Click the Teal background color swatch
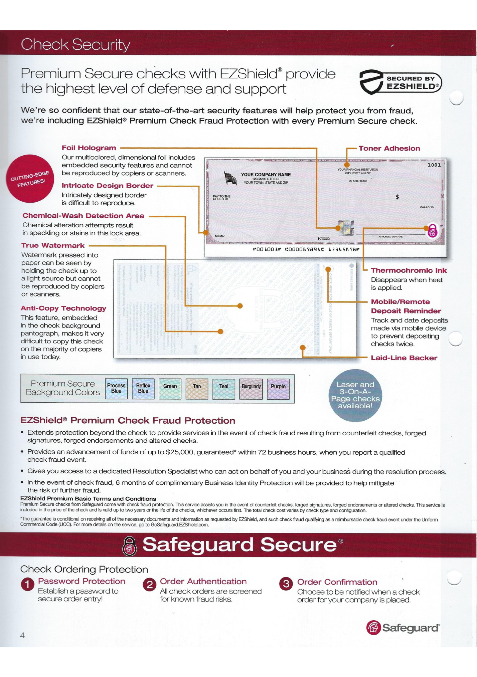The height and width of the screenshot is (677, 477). tap(224, 389)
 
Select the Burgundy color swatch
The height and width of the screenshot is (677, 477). tap(251, 389)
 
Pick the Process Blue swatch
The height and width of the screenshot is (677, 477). tap(116, 389)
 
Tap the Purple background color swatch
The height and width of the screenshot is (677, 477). tap(278, 389)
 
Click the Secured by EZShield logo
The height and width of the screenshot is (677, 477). tap(401, 82)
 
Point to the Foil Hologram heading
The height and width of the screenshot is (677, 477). tap(89, 148)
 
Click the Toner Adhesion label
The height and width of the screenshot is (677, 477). tap(389, 149)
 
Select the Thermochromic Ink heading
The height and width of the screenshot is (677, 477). tap(409, 270)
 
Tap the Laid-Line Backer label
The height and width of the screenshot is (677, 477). tap(404, 358)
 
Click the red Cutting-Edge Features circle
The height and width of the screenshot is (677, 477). tap(30, 179)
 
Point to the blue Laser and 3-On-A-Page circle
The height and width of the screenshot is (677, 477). tap(355, 395)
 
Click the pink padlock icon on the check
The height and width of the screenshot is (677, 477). tap(433, 231)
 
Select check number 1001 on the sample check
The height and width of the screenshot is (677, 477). tap(434, 165)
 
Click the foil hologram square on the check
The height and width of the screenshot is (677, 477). tap(346, 228)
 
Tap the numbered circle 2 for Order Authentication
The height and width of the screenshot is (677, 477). tap(149, 585)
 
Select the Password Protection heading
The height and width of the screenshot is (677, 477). tap(82, 581)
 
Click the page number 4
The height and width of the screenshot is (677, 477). tap(22, 635)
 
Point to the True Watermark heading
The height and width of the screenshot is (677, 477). tap(53, 246)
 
